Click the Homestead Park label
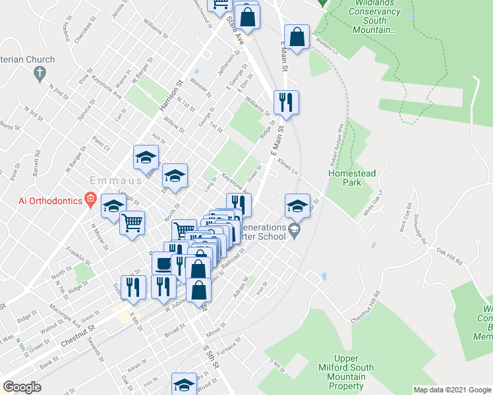pos(353,178)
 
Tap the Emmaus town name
pos(108,180)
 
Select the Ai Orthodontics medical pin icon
pos(90,199)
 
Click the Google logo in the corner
pos(22,387)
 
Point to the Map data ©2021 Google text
pos(451,390)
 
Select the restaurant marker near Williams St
pos(286,103)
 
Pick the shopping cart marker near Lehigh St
pos(132,224)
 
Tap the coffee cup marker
pos(163,263)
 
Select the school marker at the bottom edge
pos(184,384)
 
